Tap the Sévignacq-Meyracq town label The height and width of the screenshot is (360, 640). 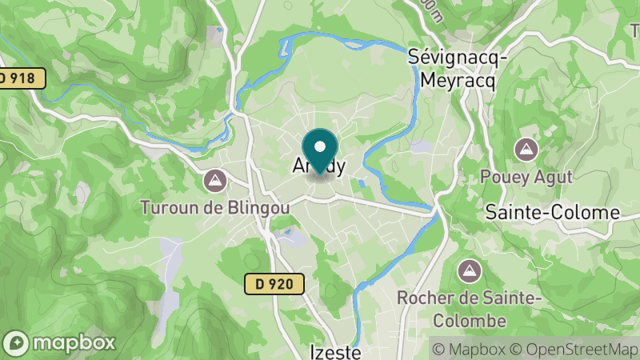[x=452, y=68]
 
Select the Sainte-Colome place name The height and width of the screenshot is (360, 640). [x=553, y=212]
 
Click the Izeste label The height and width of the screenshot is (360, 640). [x=336, y=351]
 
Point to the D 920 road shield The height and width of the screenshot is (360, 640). [x=274, y=283]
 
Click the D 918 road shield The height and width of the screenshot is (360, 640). [x=21, y=78]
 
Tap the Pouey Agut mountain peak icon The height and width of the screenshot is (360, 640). [x=526, y=149]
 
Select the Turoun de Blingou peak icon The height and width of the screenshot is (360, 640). [x=214, y=180]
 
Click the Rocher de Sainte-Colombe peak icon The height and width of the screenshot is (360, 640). [x=470, y=270]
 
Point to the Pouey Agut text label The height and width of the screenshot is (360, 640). [x=526, y=176]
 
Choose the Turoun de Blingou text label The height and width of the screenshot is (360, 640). [x=214, y=207]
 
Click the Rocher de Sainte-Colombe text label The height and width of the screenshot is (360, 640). [x=470, y=309]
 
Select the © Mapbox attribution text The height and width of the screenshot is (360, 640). [x=469, y=349]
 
